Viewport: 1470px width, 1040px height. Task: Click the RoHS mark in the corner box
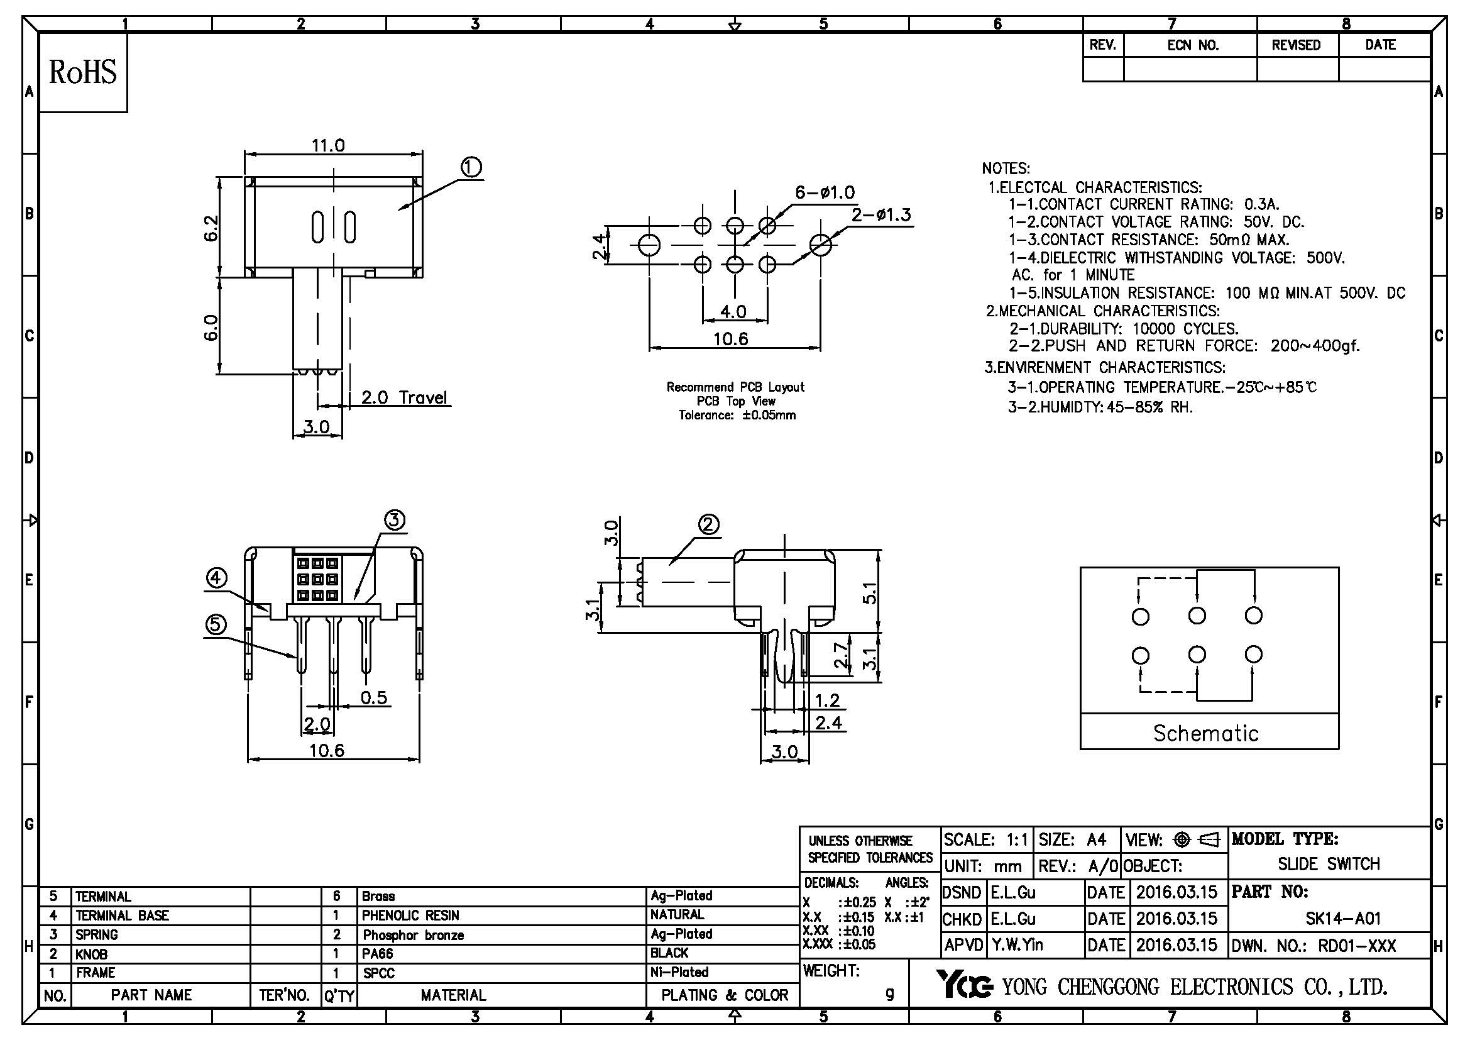pos(83,72)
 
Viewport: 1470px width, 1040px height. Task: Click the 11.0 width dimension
pos(328,145)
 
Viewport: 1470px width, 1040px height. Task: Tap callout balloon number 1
pos(471,168)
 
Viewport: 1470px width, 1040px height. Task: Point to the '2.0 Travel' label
pos(403,397)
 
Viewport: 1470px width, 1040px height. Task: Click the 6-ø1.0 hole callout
pos(825,192)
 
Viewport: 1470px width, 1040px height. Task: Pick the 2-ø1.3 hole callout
pos(881,214)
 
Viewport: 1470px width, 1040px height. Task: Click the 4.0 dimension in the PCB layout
pos(733,311)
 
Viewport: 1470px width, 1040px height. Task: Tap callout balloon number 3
pos(395,520)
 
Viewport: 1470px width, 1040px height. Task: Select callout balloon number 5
pos(216,624)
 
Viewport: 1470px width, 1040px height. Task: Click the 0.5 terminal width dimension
pos(374,697)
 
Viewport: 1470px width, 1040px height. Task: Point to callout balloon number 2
pos(708,525)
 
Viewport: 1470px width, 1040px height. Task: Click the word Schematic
pos(1205,733)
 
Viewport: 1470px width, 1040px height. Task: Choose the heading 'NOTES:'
pos(1006,169)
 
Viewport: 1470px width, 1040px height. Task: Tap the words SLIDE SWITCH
pos(1329,864)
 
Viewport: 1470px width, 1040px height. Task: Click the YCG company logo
pos(964,984)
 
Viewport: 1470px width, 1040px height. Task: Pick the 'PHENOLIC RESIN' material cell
pos(410,915)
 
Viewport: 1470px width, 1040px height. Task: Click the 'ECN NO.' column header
pos(1192,45)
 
